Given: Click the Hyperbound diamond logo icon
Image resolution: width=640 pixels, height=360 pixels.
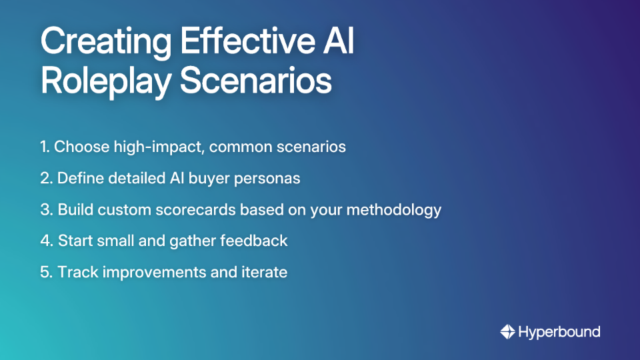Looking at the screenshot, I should tap(507, 331).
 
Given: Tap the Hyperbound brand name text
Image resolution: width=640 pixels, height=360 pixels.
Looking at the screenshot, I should tap(559, 331).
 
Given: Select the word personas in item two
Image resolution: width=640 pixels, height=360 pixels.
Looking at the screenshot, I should tap(271, 178).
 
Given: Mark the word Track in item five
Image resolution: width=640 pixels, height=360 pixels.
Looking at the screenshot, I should tap(77, 272).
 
